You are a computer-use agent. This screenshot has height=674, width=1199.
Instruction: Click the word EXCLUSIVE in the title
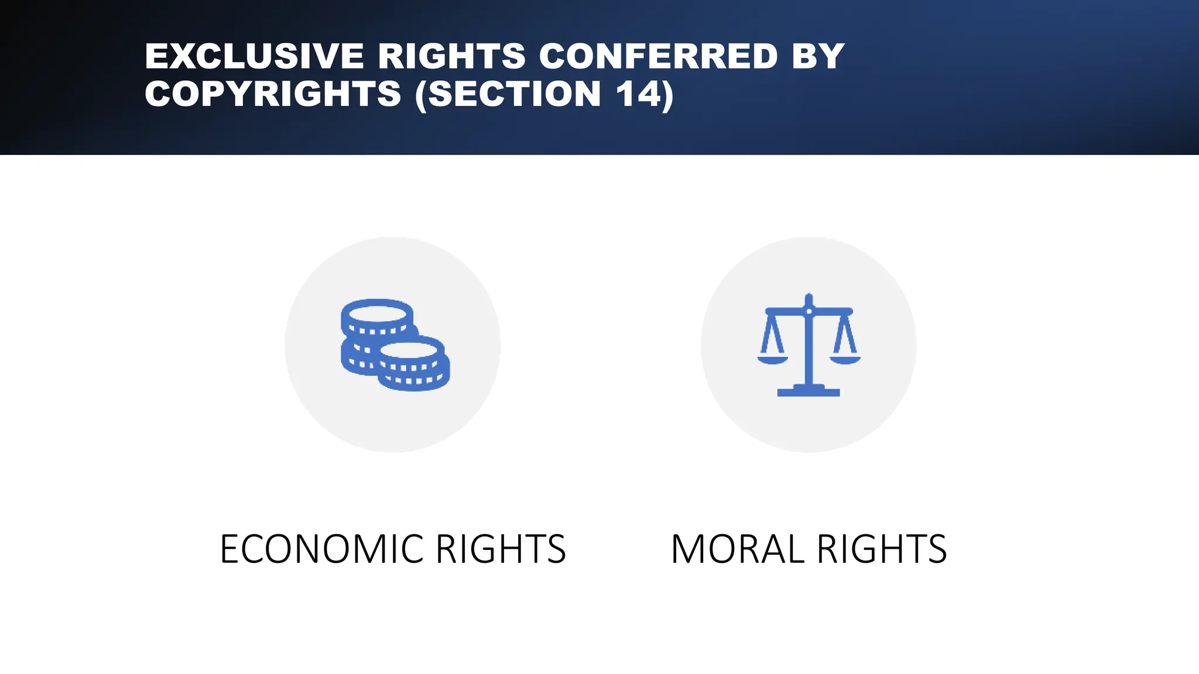(254, 56)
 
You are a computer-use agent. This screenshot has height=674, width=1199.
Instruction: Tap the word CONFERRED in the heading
(658, 56)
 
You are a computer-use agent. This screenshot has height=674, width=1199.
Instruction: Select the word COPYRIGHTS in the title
(273, 94)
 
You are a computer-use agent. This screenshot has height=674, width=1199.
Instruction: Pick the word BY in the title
(818, 56)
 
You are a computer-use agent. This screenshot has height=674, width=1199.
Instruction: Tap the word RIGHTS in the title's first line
(451, 56)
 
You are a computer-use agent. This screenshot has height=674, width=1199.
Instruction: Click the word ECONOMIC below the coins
(321, 549)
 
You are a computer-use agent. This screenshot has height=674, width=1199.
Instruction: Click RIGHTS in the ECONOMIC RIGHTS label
(501, 549)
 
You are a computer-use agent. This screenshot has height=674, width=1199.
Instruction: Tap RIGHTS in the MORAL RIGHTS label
(882, 549)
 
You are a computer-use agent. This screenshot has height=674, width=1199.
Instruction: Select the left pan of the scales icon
(772, 359)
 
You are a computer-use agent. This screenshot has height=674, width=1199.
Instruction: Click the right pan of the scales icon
(845, 359)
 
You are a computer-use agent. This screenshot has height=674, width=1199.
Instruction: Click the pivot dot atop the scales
(809, 311)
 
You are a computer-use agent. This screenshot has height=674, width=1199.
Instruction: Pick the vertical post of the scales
(809, 351)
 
